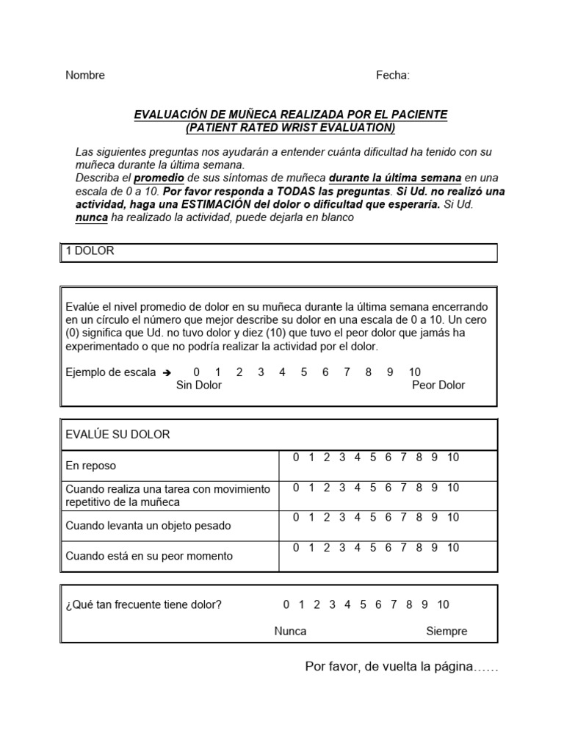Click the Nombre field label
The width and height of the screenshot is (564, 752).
point(85,75)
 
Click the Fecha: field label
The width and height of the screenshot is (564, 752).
point(393,75)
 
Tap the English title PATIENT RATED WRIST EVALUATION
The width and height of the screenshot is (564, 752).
point(290,128)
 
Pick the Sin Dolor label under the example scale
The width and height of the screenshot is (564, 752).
point(198,386)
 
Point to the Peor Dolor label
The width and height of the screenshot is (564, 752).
point(438,386)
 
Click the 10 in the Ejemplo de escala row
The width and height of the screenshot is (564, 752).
point(414,372)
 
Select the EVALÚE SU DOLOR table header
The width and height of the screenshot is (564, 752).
point(117,434)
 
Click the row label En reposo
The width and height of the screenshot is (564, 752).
point(91,466)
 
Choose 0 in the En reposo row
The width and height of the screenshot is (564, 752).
point(296,458)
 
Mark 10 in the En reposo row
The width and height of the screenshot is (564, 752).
point(452,458)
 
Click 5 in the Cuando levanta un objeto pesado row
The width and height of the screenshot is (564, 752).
point(373,518)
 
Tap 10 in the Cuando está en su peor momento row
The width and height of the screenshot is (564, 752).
point(452,548)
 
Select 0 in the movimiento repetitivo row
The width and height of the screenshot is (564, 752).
point(296,488)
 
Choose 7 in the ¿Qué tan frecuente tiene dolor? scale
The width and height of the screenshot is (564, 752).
point(394,605)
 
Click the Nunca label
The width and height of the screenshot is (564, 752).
point(290,632)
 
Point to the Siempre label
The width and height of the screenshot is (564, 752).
point(446,632)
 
